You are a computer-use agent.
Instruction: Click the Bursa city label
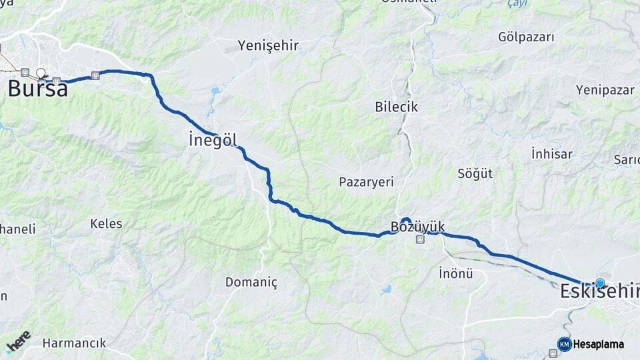[x=38, y=89]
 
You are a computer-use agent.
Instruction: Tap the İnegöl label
[x=212, y=141]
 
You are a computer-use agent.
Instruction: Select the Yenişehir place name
[x=269, y=46]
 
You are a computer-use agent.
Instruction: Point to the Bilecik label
[x=396, y=107]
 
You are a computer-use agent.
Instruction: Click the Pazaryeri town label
[x=366, y=181]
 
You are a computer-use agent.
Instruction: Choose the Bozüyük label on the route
[x=417, y=226]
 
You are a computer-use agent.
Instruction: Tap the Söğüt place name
[x=475, y=174]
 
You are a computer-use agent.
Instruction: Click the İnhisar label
[x=552, y=154]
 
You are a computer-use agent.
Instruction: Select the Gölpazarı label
[x=526, y=37]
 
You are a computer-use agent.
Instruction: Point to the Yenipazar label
[x=605, y=89]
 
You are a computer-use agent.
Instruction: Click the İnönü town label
[x=456, y=273]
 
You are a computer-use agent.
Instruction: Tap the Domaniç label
[x=251, y=282]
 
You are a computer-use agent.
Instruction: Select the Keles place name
[x=106, y=223]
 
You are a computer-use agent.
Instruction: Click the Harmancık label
[x=74, y=343]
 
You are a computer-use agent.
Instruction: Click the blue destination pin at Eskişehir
[x=600, y=283]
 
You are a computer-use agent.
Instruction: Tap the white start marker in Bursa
[x=41, y=73]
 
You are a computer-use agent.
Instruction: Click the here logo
[x=18, y=341]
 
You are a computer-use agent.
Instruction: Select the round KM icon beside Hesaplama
[x=564, y=344]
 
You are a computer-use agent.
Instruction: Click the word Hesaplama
[x=599, y=344]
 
